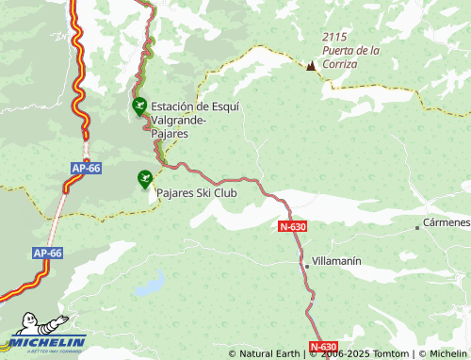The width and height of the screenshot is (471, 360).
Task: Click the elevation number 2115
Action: click(x=335, y=36)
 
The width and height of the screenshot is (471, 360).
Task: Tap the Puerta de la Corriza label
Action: click(x=350, y=56)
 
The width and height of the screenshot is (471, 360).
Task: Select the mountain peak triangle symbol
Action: click(x=312, y=65)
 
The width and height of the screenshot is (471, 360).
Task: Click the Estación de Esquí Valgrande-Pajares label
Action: click(x=195, y=120)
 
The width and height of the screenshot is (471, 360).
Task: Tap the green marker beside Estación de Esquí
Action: click(x=139, y=106)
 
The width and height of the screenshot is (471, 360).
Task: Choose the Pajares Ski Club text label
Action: click(x=196, y=192)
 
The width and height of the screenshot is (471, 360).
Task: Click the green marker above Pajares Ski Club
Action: click(x=144, y=176)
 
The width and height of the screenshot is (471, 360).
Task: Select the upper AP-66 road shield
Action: click(x=85, y=168)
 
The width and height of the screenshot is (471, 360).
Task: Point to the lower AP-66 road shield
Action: click(x=47, y=254)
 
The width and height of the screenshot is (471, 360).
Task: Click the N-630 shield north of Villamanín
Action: click(x=293, y=227)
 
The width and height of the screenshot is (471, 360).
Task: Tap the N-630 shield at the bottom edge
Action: click(x=322, y=347)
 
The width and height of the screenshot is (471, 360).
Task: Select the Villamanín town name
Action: click(x=336, y=259)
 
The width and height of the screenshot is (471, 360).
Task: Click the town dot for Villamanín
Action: click(x=306, y=266)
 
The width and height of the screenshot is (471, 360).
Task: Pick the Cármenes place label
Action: click(x=446, y=222)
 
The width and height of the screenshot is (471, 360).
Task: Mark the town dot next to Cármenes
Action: click(x=417, y=228)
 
